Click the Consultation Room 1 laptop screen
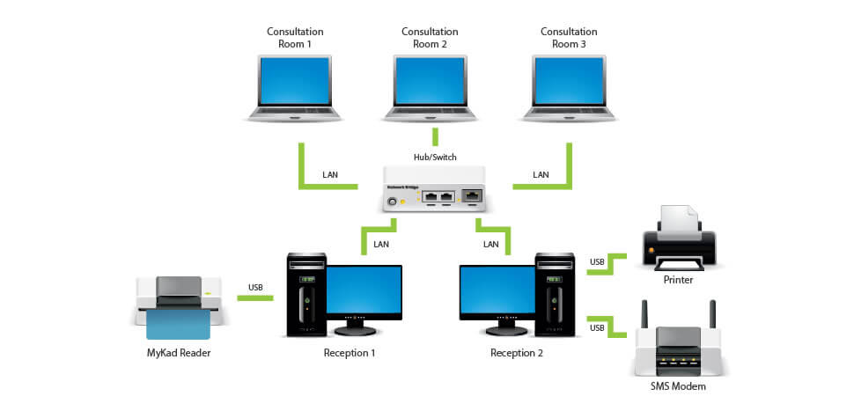295,81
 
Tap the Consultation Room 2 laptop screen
431,81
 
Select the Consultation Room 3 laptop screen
569,81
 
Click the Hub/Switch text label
434,158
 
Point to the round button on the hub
392,202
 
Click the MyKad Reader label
179,353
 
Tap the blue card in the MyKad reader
178,325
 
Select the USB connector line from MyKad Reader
255,297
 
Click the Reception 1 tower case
306,295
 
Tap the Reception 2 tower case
555,295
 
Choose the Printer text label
678,281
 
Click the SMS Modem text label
678,386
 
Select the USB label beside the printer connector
597,262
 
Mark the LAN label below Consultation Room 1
330,175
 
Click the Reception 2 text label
516,353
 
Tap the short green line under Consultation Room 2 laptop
435,136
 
